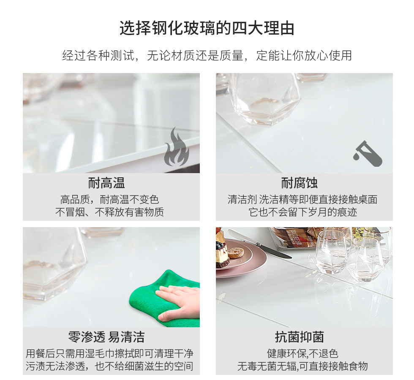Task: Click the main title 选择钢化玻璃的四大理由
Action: click(207, 28)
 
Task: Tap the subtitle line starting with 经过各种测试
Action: click(207, 55)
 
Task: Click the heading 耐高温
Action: click(106, 183)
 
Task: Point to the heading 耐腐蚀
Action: click(299, 183)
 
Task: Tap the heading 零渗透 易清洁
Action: click(106, 337)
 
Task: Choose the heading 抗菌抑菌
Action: click(300, 337)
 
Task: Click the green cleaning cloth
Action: click(158, 301)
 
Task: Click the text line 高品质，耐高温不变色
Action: click(109, 199)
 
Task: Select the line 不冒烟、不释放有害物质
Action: click(109, 212)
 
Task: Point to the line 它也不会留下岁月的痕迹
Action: click(302, 212)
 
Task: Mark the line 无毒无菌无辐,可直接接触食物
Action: click(302, 366)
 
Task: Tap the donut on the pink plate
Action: click(236, 252)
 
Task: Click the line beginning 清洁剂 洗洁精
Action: click(302, 199)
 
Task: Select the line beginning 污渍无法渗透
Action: click(109, 366)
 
